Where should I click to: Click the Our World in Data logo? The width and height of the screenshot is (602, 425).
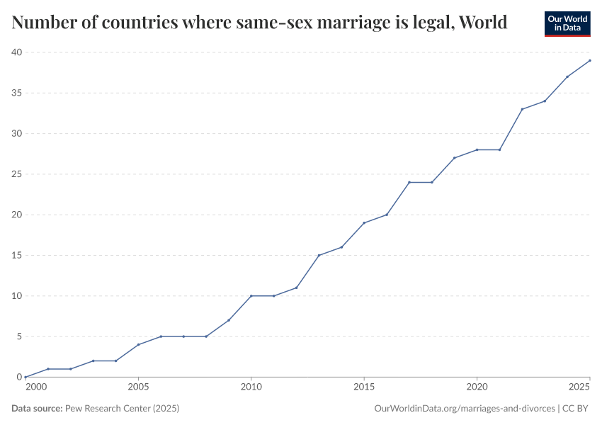click(567, 23)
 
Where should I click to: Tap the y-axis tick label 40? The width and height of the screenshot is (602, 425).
click(16, 52)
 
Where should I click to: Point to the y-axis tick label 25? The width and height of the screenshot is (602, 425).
click(16, 174)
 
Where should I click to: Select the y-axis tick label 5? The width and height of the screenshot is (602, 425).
click(18, 336)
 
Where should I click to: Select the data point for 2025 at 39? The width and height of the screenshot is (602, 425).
click(590, 60)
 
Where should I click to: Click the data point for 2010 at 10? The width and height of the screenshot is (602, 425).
click(251, 296)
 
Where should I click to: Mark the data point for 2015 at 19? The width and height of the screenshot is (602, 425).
click(364, 223)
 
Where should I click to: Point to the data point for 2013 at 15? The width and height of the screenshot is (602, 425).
click(319, 255)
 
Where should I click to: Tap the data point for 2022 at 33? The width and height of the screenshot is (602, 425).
click(522, 109)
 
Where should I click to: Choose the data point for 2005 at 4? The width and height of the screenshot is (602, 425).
click(138, 344)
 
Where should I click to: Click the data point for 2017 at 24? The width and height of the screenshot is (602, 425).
click(409, 182)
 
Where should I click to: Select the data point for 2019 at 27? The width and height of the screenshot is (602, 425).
click(454, 158)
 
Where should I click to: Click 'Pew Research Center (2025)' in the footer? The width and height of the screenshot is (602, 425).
click(122, 409)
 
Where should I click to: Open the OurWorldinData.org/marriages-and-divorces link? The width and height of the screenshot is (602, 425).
click(464, 409)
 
